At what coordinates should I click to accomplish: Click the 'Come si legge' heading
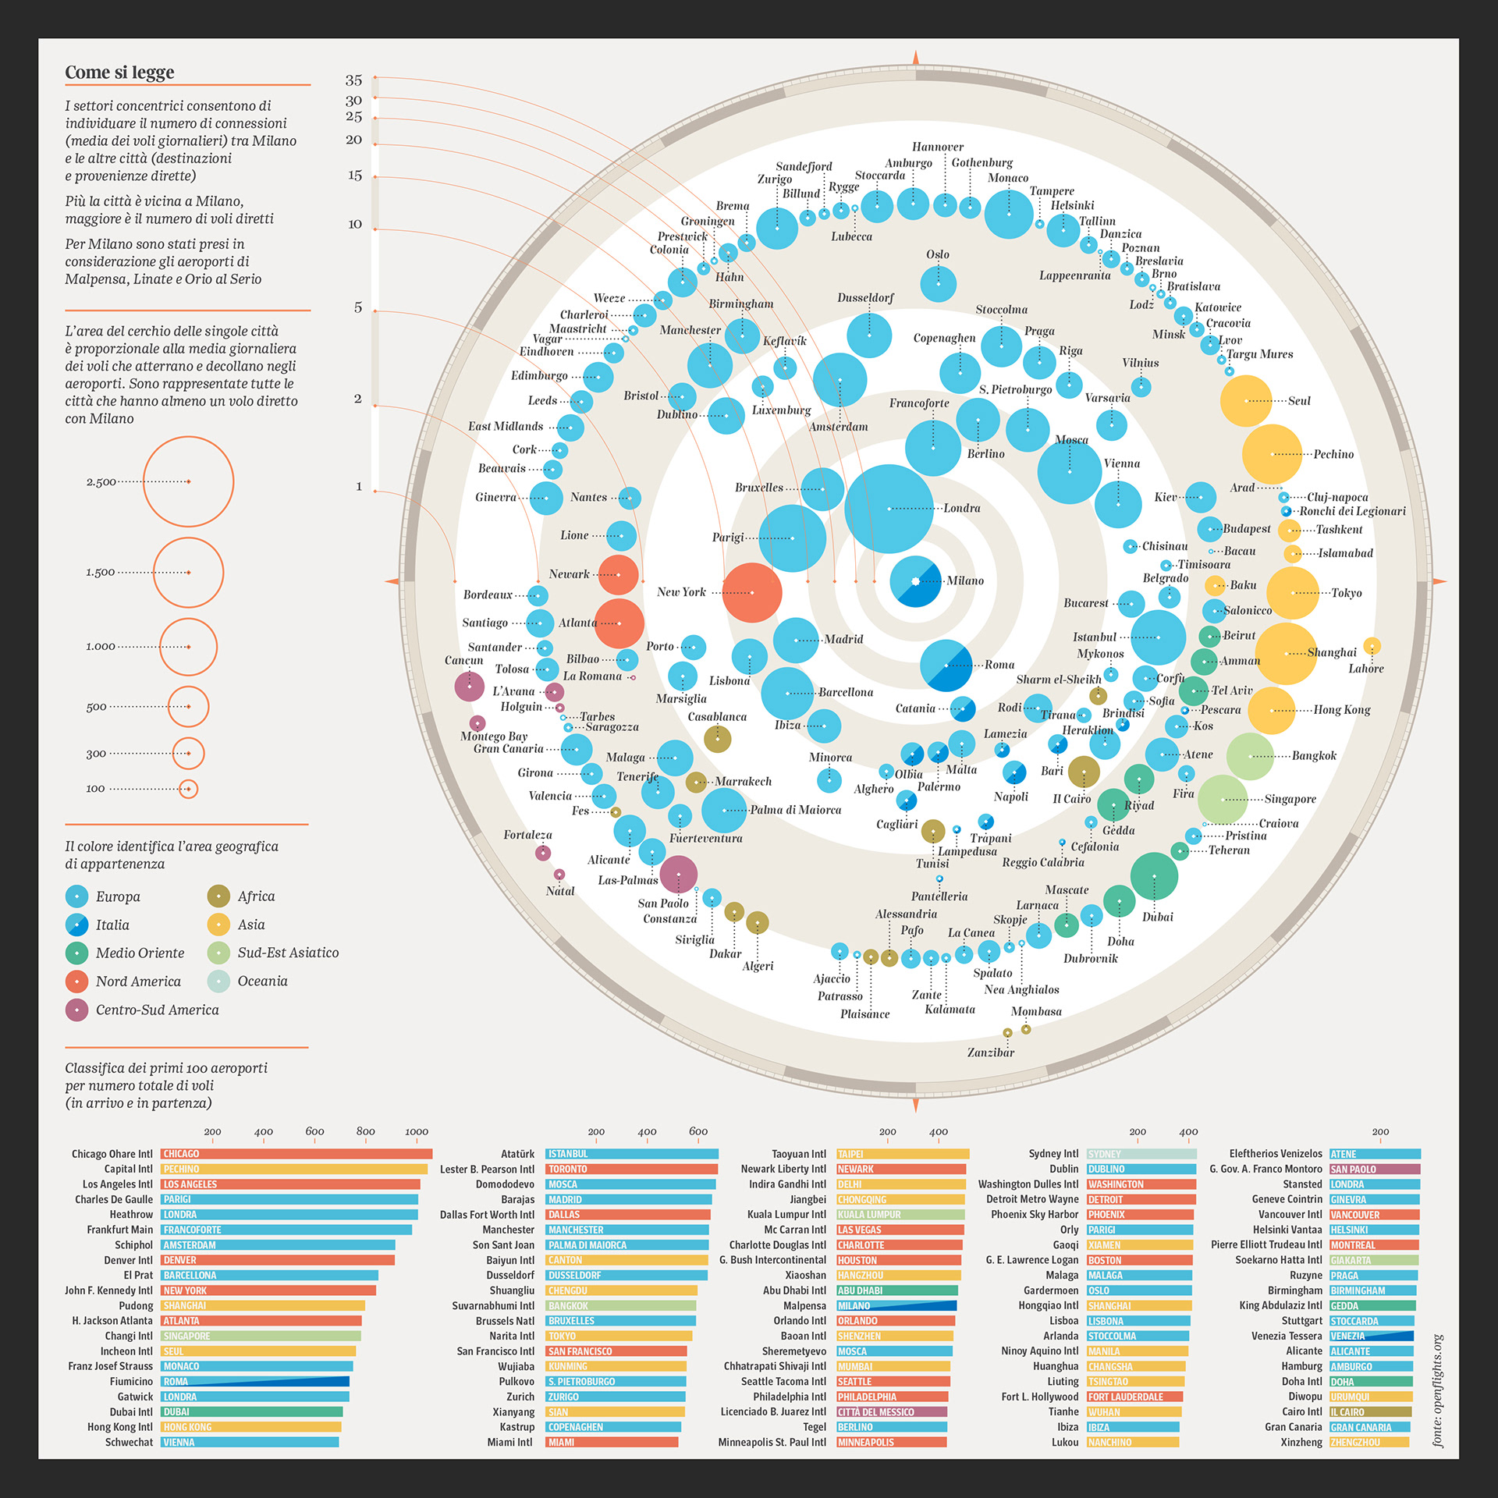pos(119,73)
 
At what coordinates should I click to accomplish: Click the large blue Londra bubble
pos(889,509)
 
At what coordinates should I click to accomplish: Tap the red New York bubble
pos(751,593)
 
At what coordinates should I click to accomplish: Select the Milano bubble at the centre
pos(915,581)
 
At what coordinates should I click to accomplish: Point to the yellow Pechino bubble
pos(1272,454)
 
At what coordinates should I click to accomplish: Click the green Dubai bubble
pos(1154,876)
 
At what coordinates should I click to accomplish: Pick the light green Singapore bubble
pos(1223,800)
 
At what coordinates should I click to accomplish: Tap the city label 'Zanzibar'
pos(991,1053)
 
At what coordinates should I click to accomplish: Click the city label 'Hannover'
pos(937,147)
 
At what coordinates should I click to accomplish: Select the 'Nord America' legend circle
pos(76,982)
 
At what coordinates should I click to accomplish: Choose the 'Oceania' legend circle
pos(218,982)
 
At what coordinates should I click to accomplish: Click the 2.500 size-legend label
pos(101,482)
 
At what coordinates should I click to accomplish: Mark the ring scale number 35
pos(353,80)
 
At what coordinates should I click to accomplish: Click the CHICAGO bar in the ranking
pos(296,1154)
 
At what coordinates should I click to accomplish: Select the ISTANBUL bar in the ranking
pos(632,1154)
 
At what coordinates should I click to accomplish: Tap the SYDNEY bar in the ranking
pos(1141,1154)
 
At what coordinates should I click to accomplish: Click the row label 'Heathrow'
pos(131,1215)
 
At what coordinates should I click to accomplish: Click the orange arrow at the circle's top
pos(916,58)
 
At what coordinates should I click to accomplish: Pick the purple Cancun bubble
pos(469,687)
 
